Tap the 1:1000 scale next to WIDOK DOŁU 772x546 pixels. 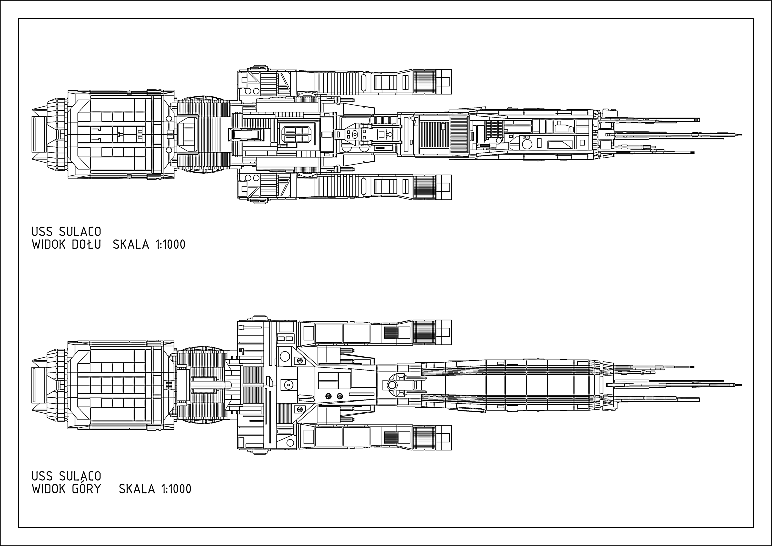[x=170, y=244]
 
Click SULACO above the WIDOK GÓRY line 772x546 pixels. [x=80, y=476]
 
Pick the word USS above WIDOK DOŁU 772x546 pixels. [x=42, y=232]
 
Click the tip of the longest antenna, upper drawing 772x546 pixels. [x=741, y=135]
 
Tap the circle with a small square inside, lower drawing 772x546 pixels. [x=288, y=385]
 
